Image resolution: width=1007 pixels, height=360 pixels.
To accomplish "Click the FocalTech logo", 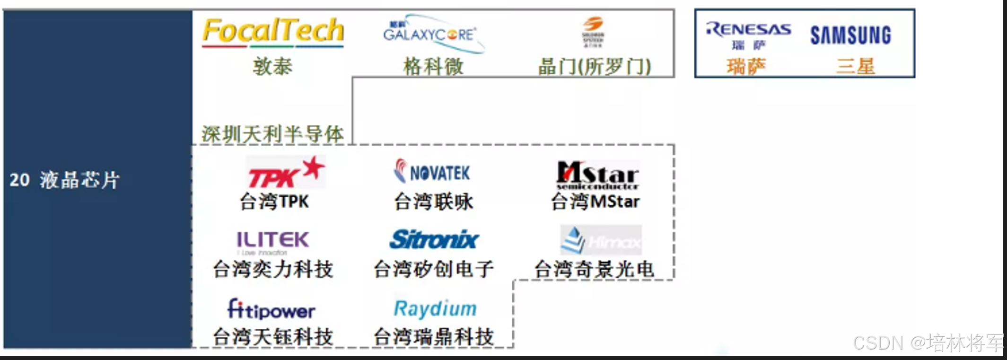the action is [x=273, y=32].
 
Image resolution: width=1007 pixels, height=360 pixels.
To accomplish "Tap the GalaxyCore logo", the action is [x=432, y=33].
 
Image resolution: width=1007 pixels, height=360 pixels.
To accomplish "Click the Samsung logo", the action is [x=850, y=35].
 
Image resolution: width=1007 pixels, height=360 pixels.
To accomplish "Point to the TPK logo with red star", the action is [x=286, y=173].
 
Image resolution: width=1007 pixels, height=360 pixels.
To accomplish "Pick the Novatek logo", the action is [x=432, y=172].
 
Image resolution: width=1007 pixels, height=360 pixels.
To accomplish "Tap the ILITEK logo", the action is [x=272, y=241].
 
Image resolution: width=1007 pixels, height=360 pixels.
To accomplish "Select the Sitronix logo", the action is [x=434, y=239].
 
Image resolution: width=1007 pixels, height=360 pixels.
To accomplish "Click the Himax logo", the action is [x=601, y=240].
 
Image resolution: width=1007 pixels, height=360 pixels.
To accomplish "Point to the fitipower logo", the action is [x=271, y=309].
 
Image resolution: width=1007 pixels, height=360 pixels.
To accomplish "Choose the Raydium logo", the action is [x=435, y=308].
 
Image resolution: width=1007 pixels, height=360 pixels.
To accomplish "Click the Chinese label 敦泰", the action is [x=272, y=66].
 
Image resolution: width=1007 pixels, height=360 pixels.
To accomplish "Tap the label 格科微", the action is [x=433, y=66].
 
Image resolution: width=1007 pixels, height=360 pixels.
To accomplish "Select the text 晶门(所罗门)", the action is [x=595, y=66].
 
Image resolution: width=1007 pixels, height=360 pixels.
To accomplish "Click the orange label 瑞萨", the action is [x=746, y=67].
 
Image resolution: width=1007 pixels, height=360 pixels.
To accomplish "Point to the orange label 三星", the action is [x=855, y=66].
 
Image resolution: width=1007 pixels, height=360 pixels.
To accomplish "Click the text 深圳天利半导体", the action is [x=272, y=134].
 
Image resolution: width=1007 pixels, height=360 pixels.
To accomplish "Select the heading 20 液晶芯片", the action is [x=65, y=180].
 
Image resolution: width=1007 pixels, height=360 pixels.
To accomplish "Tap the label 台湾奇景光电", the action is [x=594, y=270].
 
